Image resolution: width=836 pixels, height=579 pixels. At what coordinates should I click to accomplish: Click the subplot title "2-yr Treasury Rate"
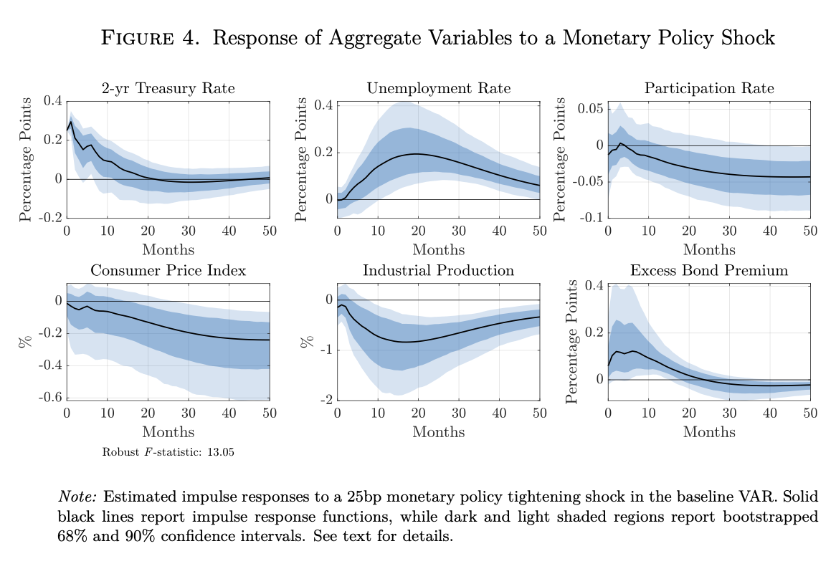pyautogui.click(x=167, y=89)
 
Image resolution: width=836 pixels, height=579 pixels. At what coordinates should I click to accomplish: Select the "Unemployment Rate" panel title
pyautogui.click(x=438, y=89)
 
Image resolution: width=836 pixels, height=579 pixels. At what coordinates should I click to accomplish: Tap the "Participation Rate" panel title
pyautogui.click(x=708, y=89)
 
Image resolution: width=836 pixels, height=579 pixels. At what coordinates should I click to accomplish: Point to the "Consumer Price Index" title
pyautogui.click(x=168, y=271)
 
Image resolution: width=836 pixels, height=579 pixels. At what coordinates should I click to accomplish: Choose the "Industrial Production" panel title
pyautogui.click(x=438, y=271)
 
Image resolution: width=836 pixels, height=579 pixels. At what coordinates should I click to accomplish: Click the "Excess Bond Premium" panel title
pyautogui.click(x=708, y=271)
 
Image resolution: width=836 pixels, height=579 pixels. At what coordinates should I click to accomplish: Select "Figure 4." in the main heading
pyautogui.click(x=150, y=38)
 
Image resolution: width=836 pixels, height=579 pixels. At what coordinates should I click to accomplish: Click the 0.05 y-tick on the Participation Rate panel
pyautogui.click(x=589, y=109)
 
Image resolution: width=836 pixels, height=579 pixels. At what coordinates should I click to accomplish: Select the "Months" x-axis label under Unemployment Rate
pyautogui.click(x=438, y=250)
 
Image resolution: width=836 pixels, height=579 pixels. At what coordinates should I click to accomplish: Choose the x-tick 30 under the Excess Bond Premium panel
pyautogui.click(x=729, y=413)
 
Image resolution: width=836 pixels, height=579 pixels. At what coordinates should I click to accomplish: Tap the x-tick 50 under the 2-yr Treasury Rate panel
pyautogui.click(x=269, y=231)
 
